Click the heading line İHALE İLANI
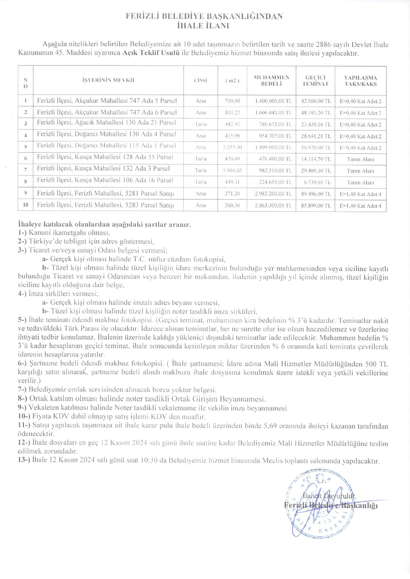pyautogui.click(x=203, y=26)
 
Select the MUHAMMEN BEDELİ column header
pyautogui.click(x=271, y=80)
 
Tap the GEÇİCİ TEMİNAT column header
pyautogui.click(x=315, y=80)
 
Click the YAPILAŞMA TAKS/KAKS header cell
pyautogui.click(x=360, y=80)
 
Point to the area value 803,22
pyautogui.click(x=232, y=113)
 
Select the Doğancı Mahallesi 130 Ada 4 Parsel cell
pyautogui.click(x=106, y=134)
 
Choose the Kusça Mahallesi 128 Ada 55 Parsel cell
pyautogui.click(x=105, y=157)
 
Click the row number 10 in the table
pyautogui.click(x=25, y=205)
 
